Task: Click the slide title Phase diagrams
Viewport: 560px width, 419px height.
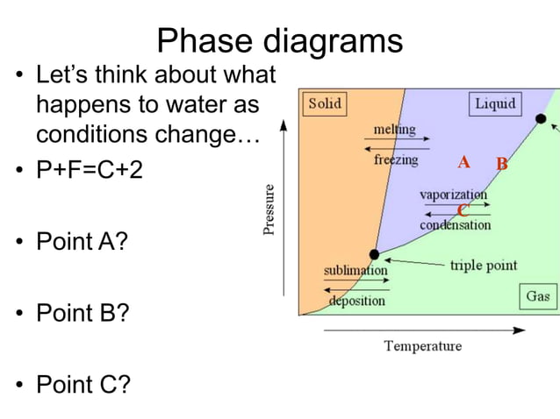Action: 280,40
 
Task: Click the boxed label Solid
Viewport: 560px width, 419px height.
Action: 324,104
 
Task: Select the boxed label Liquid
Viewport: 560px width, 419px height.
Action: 495,104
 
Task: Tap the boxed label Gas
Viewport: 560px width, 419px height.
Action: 538,296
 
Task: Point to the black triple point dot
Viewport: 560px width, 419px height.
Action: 374,254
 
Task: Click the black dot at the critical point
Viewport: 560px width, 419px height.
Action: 541,118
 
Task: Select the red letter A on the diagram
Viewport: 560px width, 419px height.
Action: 463,162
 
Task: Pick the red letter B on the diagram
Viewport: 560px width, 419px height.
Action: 502,164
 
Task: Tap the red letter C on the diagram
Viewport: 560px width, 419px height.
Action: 463,210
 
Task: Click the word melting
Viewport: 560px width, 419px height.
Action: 394,130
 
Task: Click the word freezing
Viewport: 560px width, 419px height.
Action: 396,160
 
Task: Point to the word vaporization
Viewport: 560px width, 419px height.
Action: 453,194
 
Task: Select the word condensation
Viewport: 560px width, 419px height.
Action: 455,225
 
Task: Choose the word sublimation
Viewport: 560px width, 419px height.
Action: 355,270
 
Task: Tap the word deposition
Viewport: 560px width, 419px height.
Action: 356,301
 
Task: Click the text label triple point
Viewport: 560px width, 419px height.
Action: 483,265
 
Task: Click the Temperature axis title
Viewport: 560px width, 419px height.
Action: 422,345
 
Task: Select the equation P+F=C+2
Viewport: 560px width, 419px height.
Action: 88,168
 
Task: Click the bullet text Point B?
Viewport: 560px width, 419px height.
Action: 82,312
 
